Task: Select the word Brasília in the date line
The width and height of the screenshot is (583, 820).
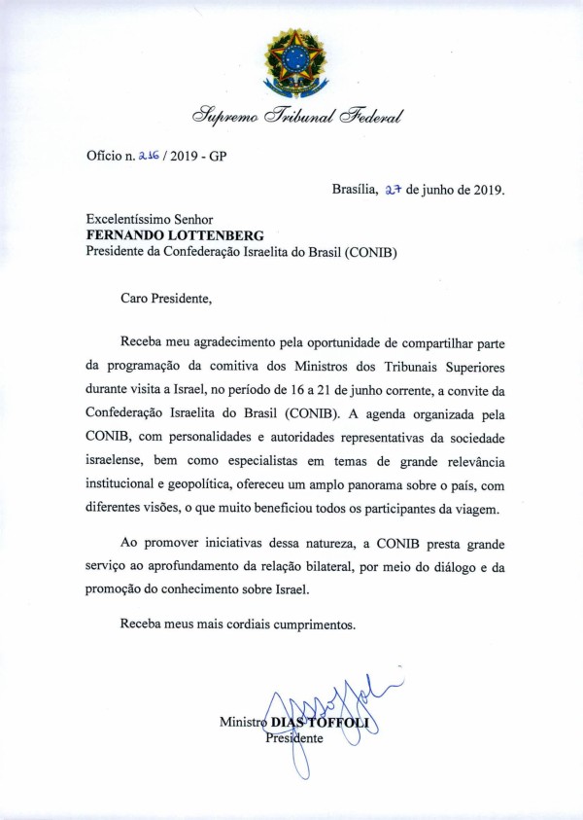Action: pyautogui.click(x=355, y=190)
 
